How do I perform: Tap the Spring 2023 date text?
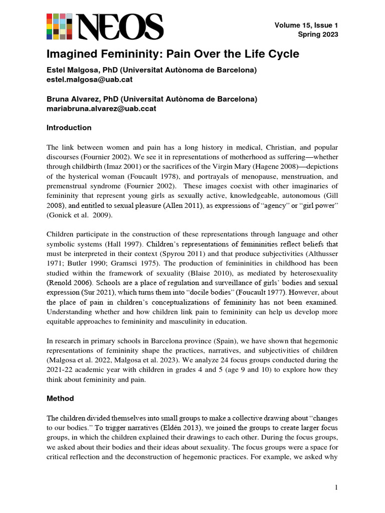coord(318,35)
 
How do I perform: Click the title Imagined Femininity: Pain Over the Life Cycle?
coord(172,54)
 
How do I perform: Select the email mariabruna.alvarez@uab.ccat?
coord(101,108)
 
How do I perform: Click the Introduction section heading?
coord(69,128)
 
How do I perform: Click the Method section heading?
coord(60,398)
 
